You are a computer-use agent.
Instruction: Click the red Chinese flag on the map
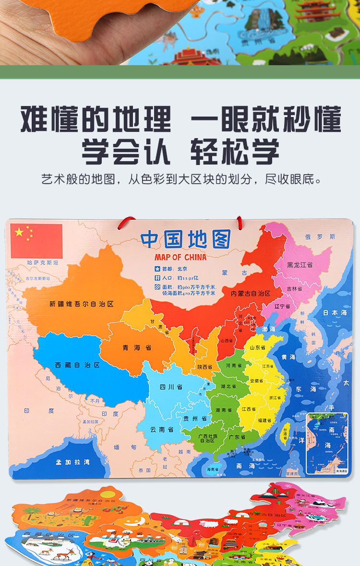[36, 241]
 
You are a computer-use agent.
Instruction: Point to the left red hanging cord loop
[126, 222]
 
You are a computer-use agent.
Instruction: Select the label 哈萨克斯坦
[43, 263]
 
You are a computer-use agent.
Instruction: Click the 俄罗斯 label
[321, 236]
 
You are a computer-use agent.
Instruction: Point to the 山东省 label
[258, 347]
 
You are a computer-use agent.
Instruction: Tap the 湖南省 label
[224, 410]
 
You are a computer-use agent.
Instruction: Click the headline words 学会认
[126, 152]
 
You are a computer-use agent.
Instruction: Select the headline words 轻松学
[235, 152]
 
